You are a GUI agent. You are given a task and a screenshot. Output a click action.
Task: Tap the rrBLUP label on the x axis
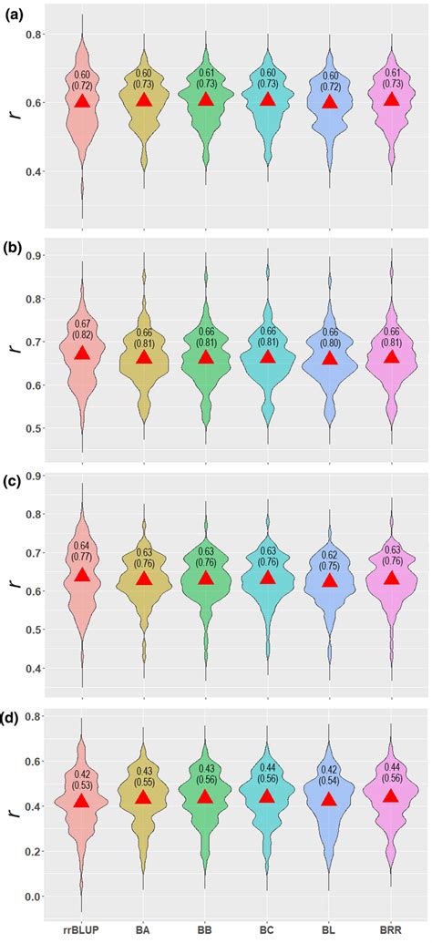click(82, 931)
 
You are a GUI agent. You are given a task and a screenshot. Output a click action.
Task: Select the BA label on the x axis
click(144, 931)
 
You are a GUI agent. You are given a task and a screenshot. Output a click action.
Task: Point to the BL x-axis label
click(330, 931)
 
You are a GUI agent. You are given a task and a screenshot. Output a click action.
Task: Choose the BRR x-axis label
click(392, 931)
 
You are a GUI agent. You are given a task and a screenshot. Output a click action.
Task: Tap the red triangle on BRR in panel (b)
click(392, 356)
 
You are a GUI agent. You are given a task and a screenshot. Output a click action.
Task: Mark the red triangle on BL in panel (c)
click(330, 579)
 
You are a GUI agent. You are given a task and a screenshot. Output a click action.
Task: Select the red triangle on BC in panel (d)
click(268, 795)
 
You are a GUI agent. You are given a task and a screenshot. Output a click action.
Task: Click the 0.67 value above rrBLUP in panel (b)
click(82, 324)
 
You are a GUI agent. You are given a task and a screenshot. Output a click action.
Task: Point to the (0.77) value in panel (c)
click(82, 556)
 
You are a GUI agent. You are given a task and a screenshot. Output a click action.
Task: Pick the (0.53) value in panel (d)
click(82, 787)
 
